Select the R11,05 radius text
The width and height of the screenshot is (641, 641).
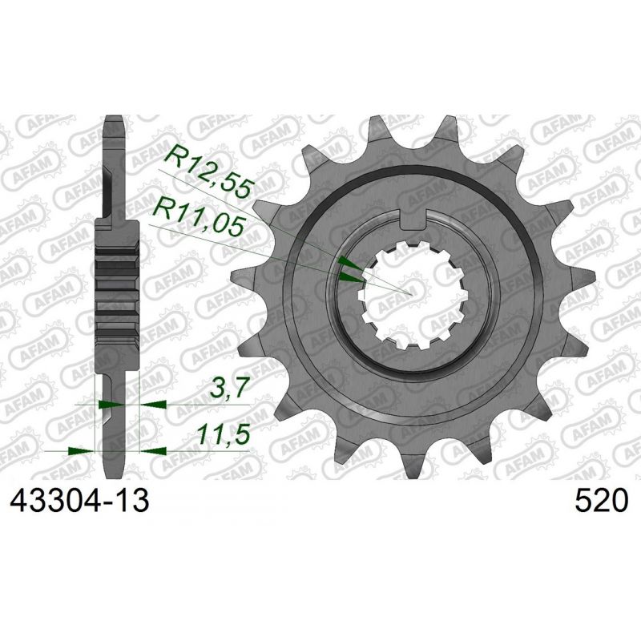(200, 215)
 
